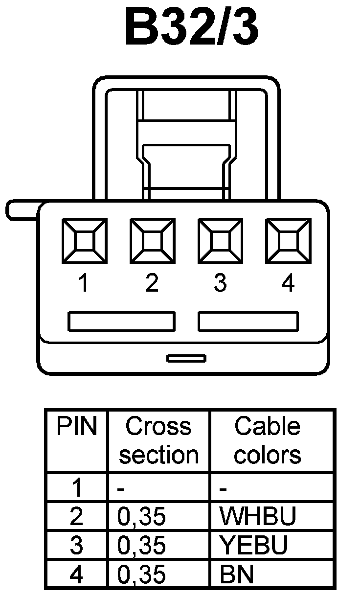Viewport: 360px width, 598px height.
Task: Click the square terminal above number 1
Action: pyautogui.click(x=84, y=241)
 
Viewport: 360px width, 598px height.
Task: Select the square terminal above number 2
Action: pyautogui.click(x=152, y=241)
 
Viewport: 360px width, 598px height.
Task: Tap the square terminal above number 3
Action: pyautogui.click(x=220, y=241)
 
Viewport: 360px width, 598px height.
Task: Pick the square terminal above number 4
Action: pyautogui.click(x=288, y=241)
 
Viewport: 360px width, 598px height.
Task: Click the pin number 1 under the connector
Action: pyautogui.click(x=84, y=283)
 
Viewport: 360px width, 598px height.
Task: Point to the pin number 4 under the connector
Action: pyautogui.click(x=288, y=283)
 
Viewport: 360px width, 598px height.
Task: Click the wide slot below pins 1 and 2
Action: pyautogui.click(x=121, y=321)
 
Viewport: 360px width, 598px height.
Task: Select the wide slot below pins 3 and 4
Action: pyautogui.click(x=248, y=321)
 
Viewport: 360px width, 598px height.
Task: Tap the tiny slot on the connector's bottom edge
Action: pyautogui.click(x=186, y=359)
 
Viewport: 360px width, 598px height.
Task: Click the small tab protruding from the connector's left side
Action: pyautogui.click(x=22, y=209)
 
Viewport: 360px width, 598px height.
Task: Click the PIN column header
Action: pyautogui.click(x=76, y=427)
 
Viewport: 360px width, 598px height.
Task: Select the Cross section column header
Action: pyautogui.click(x=158, y=440)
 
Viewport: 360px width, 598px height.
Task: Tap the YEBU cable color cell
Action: pyautogui.click(x=253, y=546)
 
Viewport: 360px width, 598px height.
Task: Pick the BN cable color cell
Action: pyautogui.click(x=237, y=575)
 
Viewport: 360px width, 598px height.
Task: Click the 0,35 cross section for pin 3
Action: pyautogui.click(x=142, y=546)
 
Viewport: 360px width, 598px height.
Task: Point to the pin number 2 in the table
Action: pyautogui.click(x=76, y=516)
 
